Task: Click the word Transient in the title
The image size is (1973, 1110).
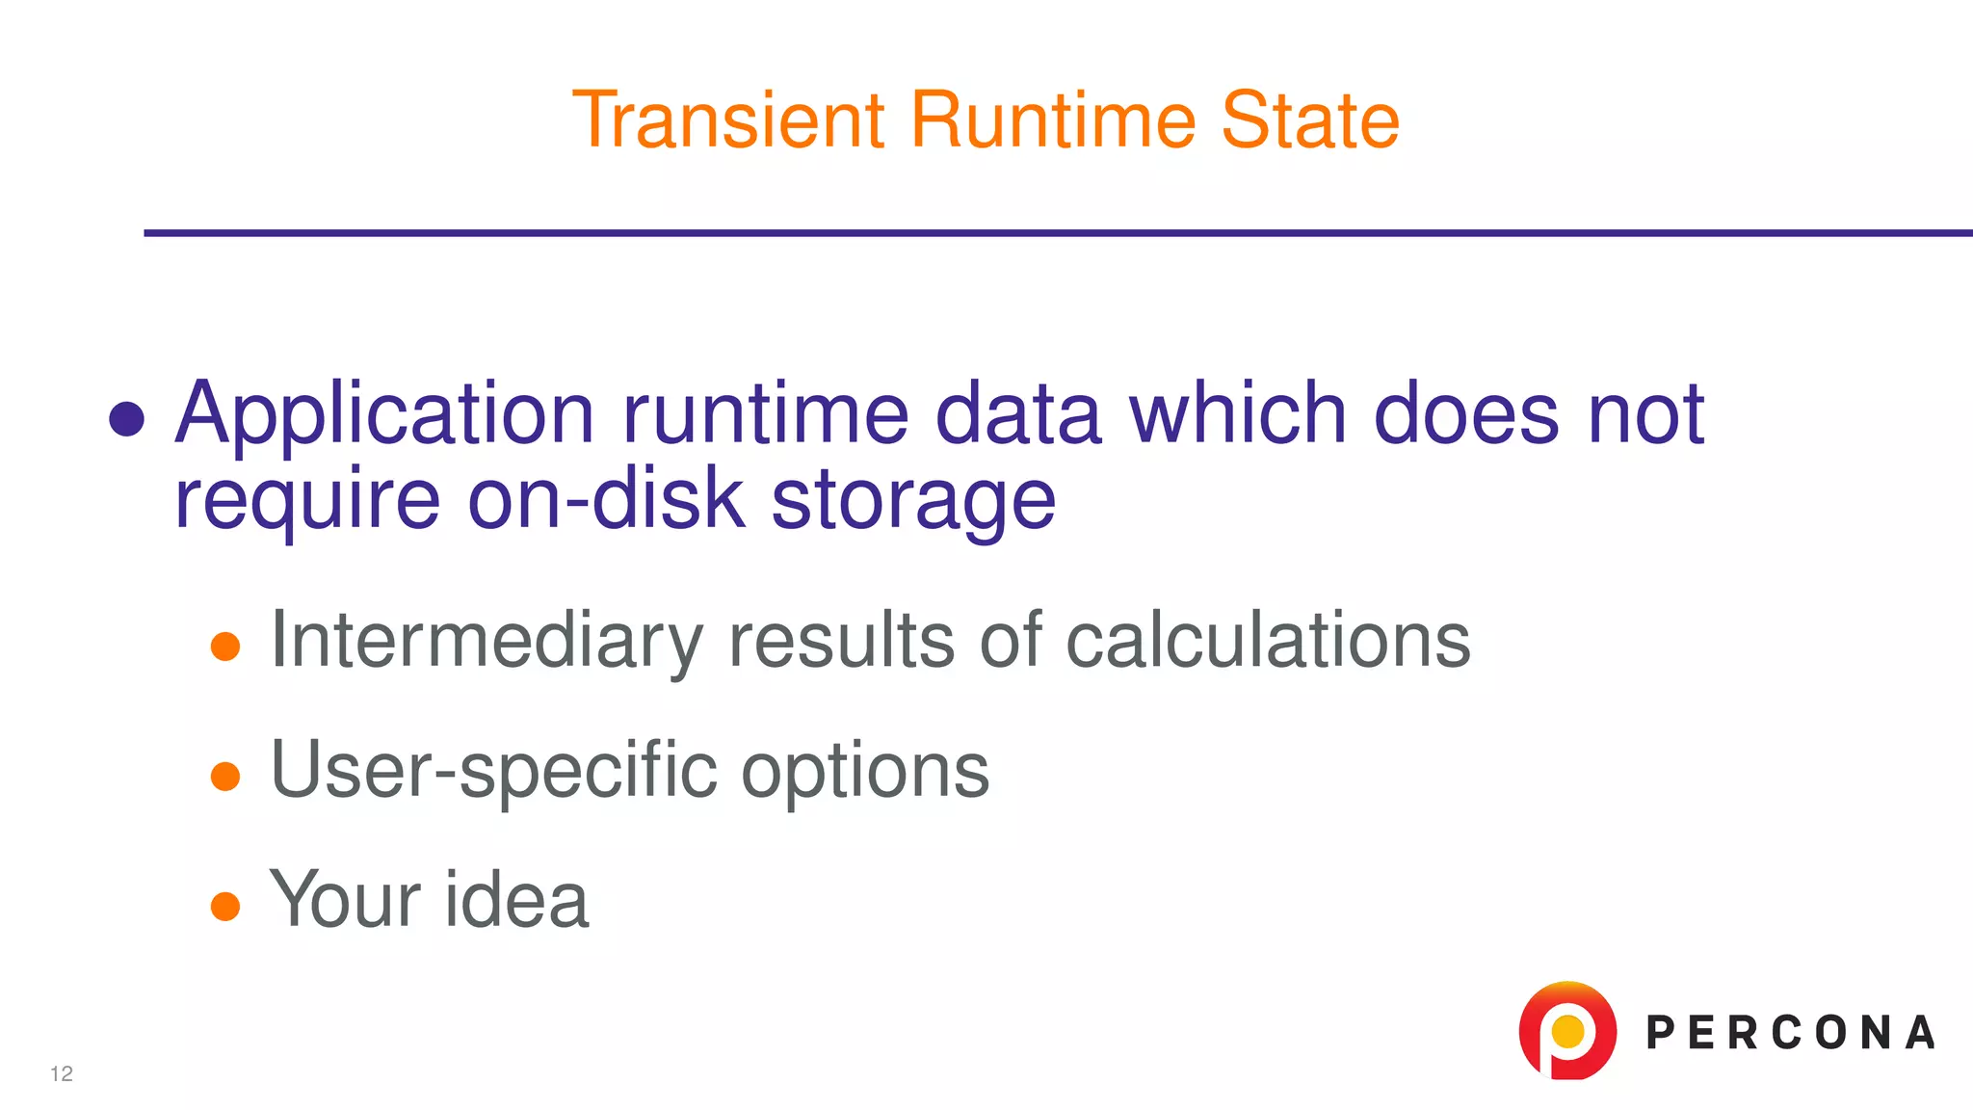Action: [x=728, y=120]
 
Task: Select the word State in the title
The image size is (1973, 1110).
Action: [x=1310, y=120]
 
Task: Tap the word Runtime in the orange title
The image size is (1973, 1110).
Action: [x=1053, y=120]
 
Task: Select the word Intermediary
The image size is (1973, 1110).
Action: [x=487, y=642]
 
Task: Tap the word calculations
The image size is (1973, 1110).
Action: [x=1268, y=640]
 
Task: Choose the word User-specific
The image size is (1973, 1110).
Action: [x=494, y=772]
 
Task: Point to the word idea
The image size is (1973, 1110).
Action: [x=515, y=900]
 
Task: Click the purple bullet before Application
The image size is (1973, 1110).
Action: [x=127, y=419]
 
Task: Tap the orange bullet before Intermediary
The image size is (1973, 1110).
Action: [x=225, y=647]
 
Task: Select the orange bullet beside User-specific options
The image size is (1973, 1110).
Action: [x=225, y=776]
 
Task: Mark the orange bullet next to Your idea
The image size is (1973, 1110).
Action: [x=225, y=906]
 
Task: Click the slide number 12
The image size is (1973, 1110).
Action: [x=62, y=1074]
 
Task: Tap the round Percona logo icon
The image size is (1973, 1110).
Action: [x=1567, y=1031]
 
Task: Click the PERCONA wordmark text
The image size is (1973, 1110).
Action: [x=1790, y=1033]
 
